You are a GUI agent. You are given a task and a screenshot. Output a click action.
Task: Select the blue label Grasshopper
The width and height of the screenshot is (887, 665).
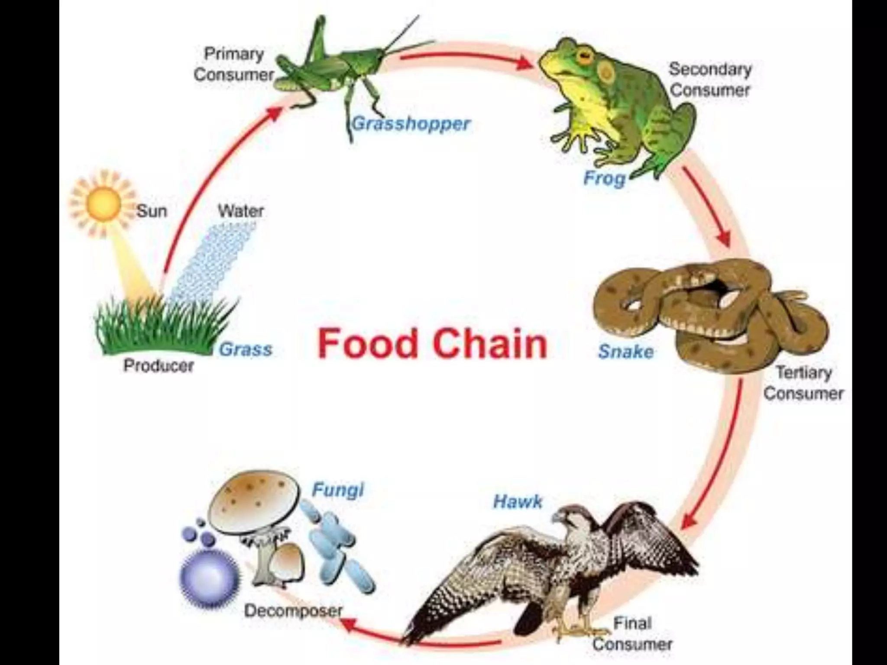411,124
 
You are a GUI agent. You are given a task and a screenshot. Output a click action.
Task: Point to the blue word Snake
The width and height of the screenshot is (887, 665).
626,352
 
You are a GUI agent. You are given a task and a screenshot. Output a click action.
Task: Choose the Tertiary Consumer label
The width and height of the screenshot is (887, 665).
803,383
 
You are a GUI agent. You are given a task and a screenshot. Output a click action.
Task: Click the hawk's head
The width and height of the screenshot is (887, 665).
567,517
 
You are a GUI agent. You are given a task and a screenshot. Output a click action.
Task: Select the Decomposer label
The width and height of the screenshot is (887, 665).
293,611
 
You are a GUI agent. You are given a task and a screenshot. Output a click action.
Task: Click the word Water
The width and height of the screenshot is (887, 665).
241,211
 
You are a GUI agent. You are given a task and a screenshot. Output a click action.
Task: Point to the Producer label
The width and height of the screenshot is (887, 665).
159,366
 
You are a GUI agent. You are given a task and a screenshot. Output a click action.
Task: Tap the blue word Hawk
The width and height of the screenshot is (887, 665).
518,501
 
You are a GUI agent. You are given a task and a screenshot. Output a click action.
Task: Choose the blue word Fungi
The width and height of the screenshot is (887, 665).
338,490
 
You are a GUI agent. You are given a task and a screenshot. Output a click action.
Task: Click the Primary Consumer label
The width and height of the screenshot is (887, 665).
234,64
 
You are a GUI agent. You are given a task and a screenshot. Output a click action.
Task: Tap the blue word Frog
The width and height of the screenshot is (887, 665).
605,178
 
